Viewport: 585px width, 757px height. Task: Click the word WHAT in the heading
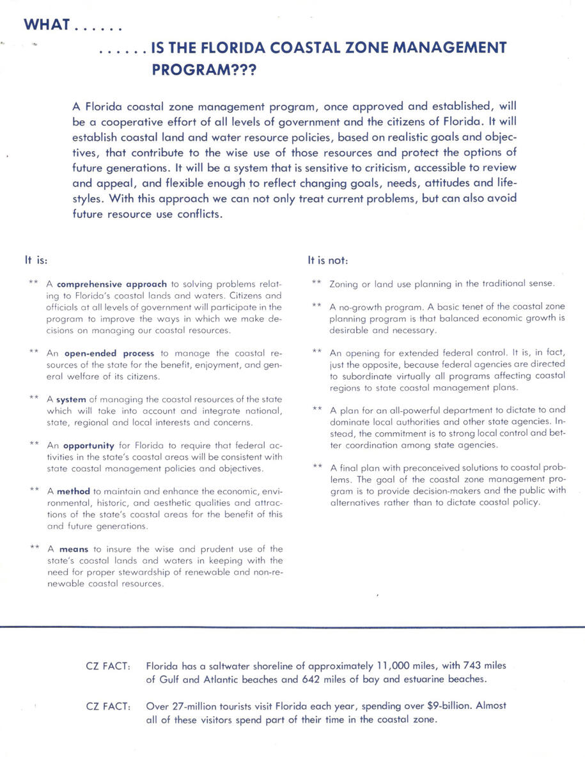[x=46, y=26]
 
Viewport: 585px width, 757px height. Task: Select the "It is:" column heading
[x=36, y=260]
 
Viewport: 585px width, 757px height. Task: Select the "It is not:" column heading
[x=327, y=260]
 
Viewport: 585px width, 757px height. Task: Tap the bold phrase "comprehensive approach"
[x=111, y=283]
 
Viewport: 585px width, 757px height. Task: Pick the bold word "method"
[x=74, y=492]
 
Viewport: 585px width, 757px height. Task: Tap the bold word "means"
[x=74, y=549]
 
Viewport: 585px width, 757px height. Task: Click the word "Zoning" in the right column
[x=343, y=283]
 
